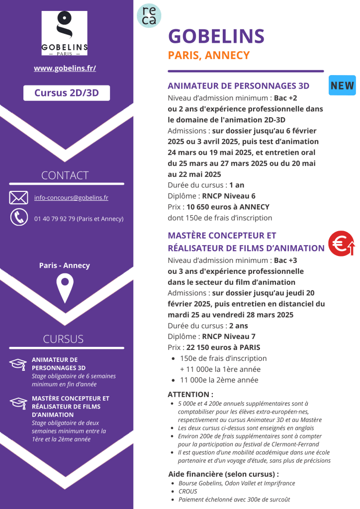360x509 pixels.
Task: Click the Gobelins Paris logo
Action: pyautogui.click(x=65, y=33)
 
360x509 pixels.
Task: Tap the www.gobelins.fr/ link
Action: pyautogui.click(x=65, y=68)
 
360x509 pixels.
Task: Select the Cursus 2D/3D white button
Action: pyautogui.click(x=66, y=93)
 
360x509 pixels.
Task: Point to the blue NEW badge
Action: pyautogui.click(x=342, y=85)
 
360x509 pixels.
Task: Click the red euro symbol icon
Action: pyautogui.click(x=341, y=243)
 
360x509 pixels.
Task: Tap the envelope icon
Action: pyautogui.click(x=18, y=198)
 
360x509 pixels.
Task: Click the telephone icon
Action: pyautogui.click(x=19, y=218)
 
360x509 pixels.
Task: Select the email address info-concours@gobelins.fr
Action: pyautogui.click(x=71, y=198)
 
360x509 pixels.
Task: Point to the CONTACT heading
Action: pyautogui.click(x=65, y=175)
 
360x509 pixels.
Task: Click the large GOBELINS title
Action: pyautogui.click(x=216, y=36)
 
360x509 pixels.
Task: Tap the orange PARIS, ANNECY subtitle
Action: pyautogui.click(x=209, y=55)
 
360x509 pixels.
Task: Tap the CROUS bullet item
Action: pyautogui.click(x=188, y=491)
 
